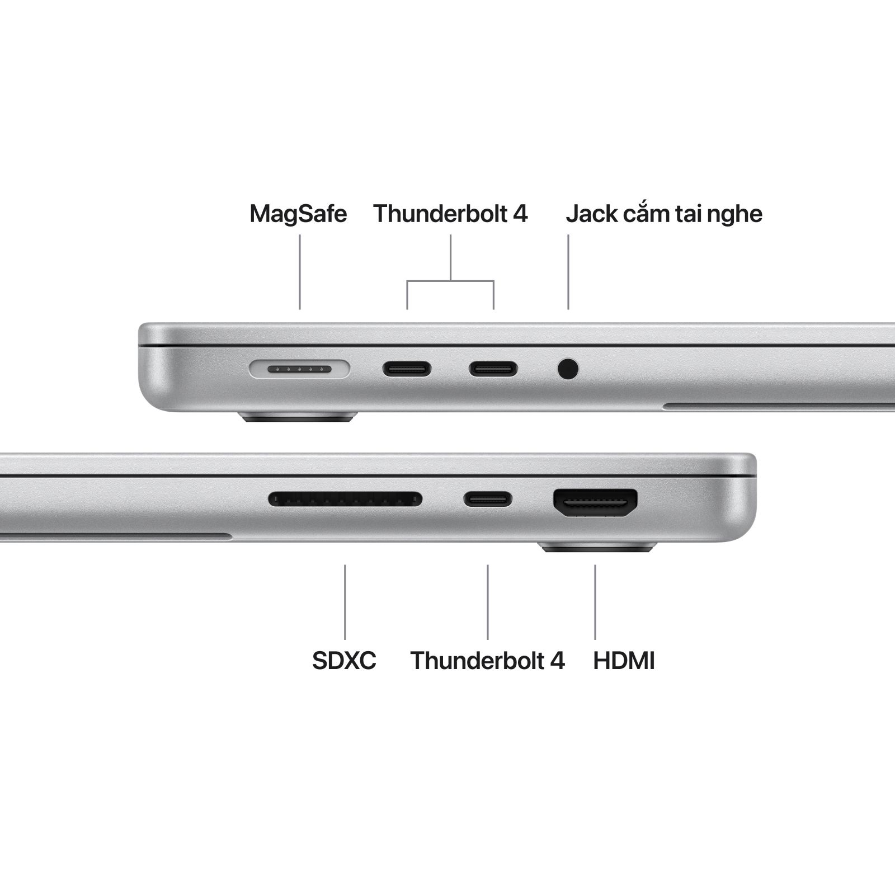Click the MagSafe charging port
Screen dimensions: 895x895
coord(300,369)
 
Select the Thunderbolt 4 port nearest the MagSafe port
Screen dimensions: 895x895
coord(407,369)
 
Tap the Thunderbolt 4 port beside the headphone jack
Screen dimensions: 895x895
coord(493,369)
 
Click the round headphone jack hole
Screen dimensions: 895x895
coord(568,369)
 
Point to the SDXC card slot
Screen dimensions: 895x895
coord(345,499)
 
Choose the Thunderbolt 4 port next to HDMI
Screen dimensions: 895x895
coord(487,499)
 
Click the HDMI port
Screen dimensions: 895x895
coord(595,502)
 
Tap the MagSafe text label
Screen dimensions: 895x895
coord(298,214)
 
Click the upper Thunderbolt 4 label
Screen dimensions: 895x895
coord(450,214)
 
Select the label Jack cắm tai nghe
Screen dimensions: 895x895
coord(664,214)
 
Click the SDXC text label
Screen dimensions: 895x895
coord(344,661)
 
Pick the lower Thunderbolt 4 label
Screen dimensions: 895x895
coord(487,661)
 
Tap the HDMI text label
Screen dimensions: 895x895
coord(624,661)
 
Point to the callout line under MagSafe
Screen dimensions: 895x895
coord(300,272)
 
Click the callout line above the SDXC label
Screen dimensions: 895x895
coord(345,602)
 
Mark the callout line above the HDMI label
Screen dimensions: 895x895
coord(595,602)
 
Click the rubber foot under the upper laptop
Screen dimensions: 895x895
coord(298,417)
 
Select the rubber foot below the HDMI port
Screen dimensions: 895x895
coord(597,547)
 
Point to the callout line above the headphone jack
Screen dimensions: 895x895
coord(568,272)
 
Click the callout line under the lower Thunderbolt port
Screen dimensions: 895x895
coord(488,602)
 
